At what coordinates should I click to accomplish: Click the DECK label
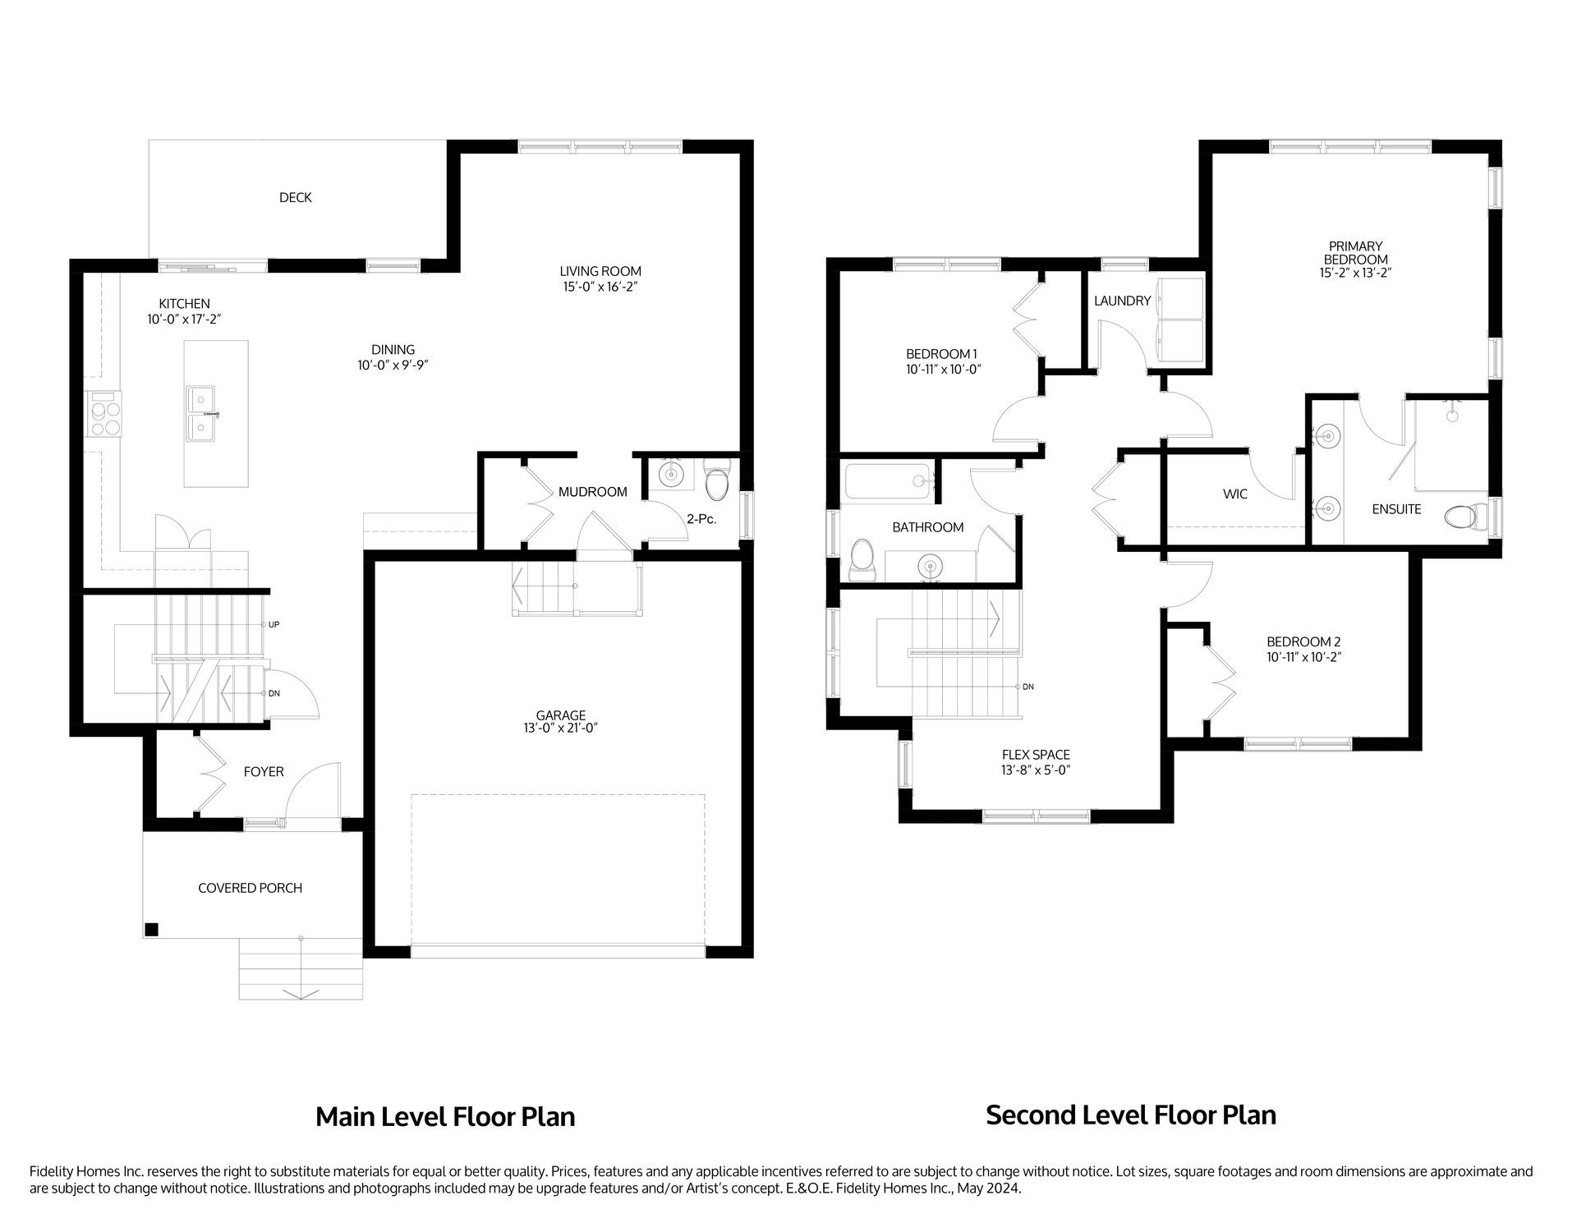click(295, 198)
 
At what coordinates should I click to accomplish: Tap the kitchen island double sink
click(201, 414)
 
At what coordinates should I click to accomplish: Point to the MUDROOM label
click(592, 492)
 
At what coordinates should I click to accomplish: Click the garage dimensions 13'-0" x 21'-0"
click(561, 729)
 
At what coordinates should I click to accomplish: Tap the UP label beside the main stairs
click(274, 625)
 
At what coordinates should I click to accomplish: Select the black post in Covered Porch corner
click(151, 930)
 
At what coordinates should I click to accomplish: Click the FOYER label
click(264, 772)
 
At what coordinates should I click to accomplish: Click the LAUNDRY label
click(1122, 301)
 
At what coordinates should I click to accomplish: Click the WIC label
click(1234, 494)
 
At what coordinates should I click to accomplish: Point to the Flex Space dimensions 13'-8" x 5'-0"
click(1035, 770)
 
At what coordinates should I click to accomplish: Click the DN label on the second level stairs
click(1028, 687)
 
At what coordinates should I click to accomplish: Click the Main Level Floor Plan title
click(445, 1117)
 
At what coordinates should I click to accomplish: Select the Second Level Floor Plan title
click(1130, 1115)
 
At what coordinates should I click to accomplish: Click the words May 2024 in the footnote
click(995, 1188)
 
